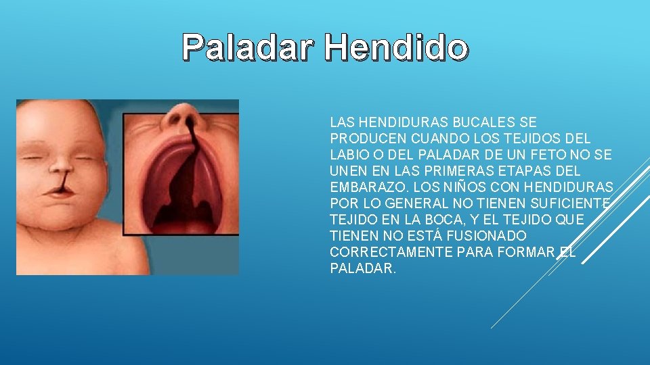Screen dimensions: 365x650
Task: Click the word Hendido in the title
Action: [x=395, y=47]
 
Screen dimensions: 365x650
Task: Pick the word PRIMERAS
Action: [x=453, y=171]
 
